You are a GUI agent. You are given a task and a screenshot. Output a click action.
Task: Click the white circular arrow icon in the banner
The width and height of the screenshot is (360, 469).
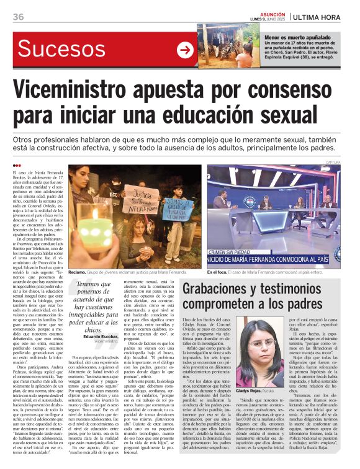click(184, 50)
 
